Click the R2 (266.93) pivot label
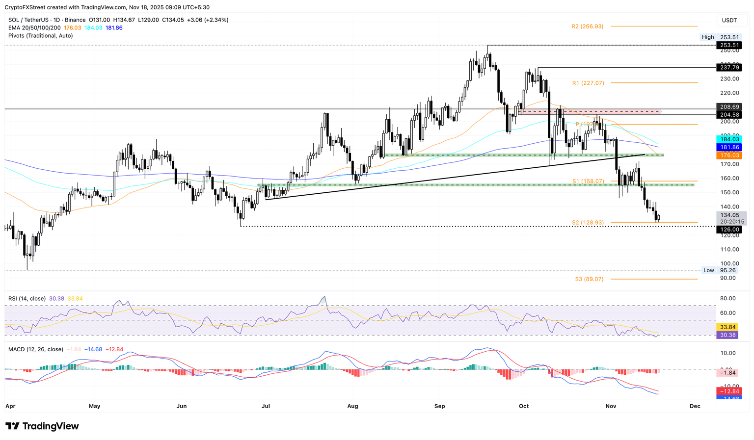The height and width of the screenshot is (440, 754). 587,26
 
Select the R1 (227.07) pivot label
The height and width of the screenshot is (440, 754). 588,83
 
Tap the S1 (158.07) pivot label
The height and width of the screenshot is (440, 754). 588,181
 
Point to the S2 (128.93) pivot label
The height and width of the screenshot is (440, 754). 588,223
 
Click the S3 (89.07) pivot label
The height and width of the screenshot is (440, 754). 589,279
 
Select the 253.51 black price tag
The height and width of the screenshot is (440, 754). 729,45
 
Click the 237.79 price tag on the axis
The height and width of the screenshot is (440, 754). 729,68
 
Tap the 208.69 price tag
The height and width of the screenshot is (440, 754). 729,107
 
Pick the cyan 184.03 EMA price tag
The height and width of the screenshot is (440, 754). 729,139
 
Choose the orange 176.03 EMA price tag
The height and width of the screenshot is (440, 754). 729,155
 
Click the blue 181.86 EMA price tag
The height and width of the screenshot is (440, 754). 729,147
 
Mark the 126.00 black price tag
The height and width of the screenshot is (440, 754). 729,230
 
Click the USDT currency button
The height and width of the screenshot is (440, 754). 729,20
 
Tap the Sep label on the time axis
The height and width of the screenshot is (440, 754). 439,406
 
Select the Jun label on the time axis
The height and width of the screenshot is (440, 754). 182,406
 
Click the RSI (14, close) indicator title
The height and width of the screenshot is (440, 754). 27,299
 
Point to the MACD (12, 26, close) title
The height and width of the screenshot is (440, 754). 36,349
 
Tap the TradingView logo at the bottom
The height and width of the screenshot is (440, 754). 42,426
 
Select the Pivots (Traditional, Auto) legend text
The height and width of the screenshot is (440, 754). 41,36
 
